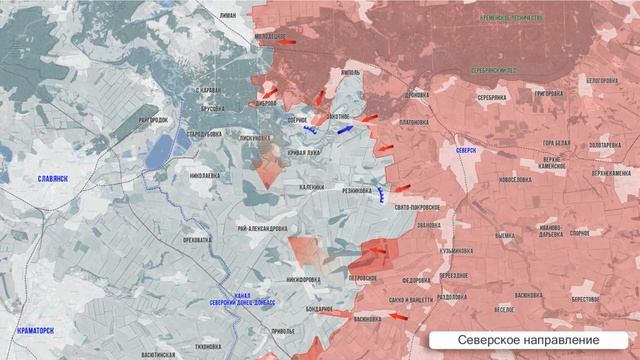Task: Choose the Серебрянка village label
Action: click(x=491, y=97)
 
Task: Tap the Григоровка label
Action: click(x=554, y=94)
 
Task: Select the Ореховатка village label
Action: click(x=196, y=240)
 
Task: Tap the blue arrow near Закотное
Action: click(x=346, y=129)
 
